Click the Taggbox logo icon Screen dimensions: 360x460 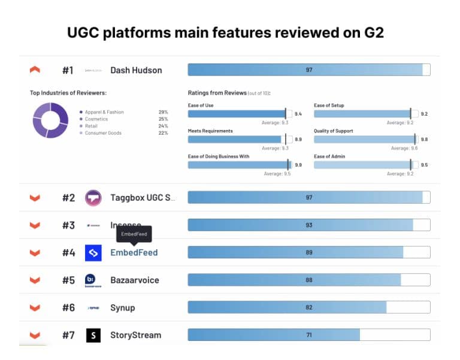[93, 198]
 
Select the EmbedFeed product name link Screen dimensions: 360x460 [134, 253]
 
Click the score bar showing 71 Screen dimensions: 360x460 [308, 335]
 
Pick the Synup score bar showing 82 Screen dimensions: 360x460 [308, 307]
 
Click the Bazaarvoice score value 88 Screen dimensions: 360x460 [309, 280]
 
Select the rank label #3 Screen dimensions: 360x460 [68, 225]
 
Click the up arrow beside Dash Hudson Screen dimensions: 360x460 [35, 70]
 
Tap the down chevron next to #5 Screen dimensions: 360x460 [35, 280]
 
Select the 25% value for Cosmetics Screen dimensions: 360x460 [163, 119]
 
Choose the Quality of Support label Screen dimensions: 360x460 [334, 131]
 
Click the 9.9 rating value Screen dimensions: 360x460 [298, 165]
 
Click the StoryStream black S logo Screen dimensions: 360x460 [93, 335]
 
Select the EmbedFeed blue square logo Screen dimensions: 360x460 [93, 253]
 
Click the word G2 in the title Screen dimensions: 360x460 [371, 33]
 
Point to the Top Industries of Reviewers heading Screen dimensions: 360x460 [68, 93]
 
